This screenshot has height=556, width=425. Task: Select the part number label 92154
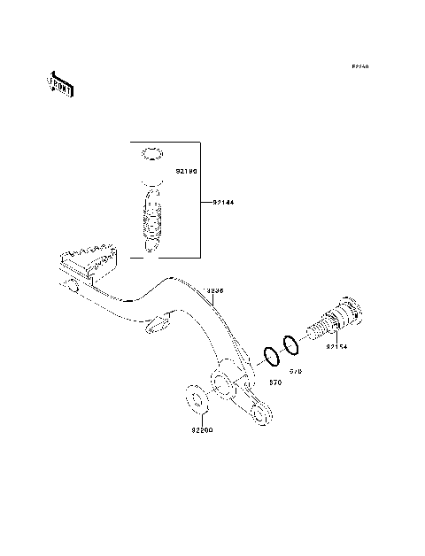(338, 348)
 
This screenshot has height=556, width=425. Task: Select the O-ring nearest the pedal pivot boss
(272, 356)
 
